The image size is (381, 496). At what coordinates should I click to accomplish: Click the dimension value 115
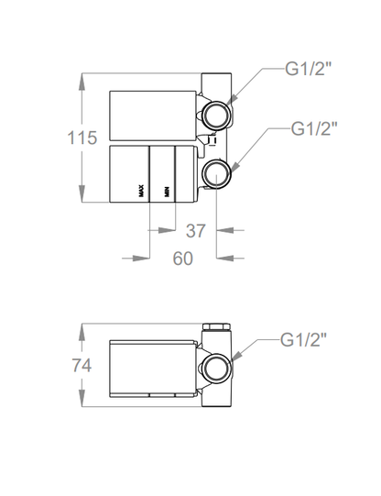coord(82,138)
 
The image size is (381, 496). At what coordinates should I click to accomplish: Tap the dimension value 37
coord(196,231)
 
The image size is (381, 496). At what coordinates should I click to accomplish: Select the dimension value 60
coord(182,259)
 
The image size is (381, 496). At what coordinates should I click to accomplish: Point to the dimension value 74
coord(82,365)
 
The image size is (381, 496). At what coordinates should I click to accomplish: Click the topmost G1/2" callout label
coord(308,69)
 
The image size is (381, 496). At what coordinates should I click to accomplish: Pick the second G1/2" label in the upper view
coord(314,128)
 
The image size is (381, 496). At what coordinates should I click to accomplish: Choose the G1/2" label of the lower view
coord(303,340)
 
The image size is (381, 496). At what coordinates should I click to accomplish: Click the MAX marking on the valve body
coord(142,191)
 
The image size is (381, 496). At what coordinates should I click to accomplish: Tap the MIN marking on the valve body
coord(167,192)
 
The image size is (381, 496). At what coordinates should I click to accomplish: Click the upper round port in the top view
coord(217,116)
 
